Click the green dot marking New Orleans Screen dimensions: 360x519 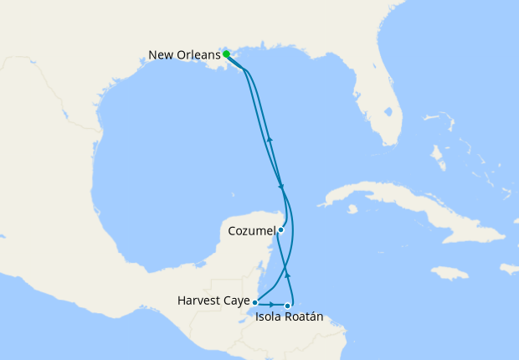click(226, 54)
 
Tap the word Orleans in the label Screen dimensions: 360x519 click(198, 55)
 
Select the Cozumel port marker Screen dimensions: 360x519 click(281, 229)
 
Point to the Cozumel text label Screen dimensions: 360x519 click(251, 229)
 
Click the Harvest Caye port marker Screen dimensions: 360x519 click(254, 301)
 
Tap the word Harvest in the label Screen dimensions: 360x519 click(198, 300)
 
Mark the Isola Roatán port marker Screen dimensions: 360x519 click(288, 306)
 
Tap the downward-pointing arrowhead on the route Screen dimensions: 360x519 click(281, 187)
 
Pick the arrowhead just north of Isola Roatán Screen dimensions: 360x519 click(288, 274)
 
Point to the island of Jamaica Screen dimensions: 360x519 click(450, 273)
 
